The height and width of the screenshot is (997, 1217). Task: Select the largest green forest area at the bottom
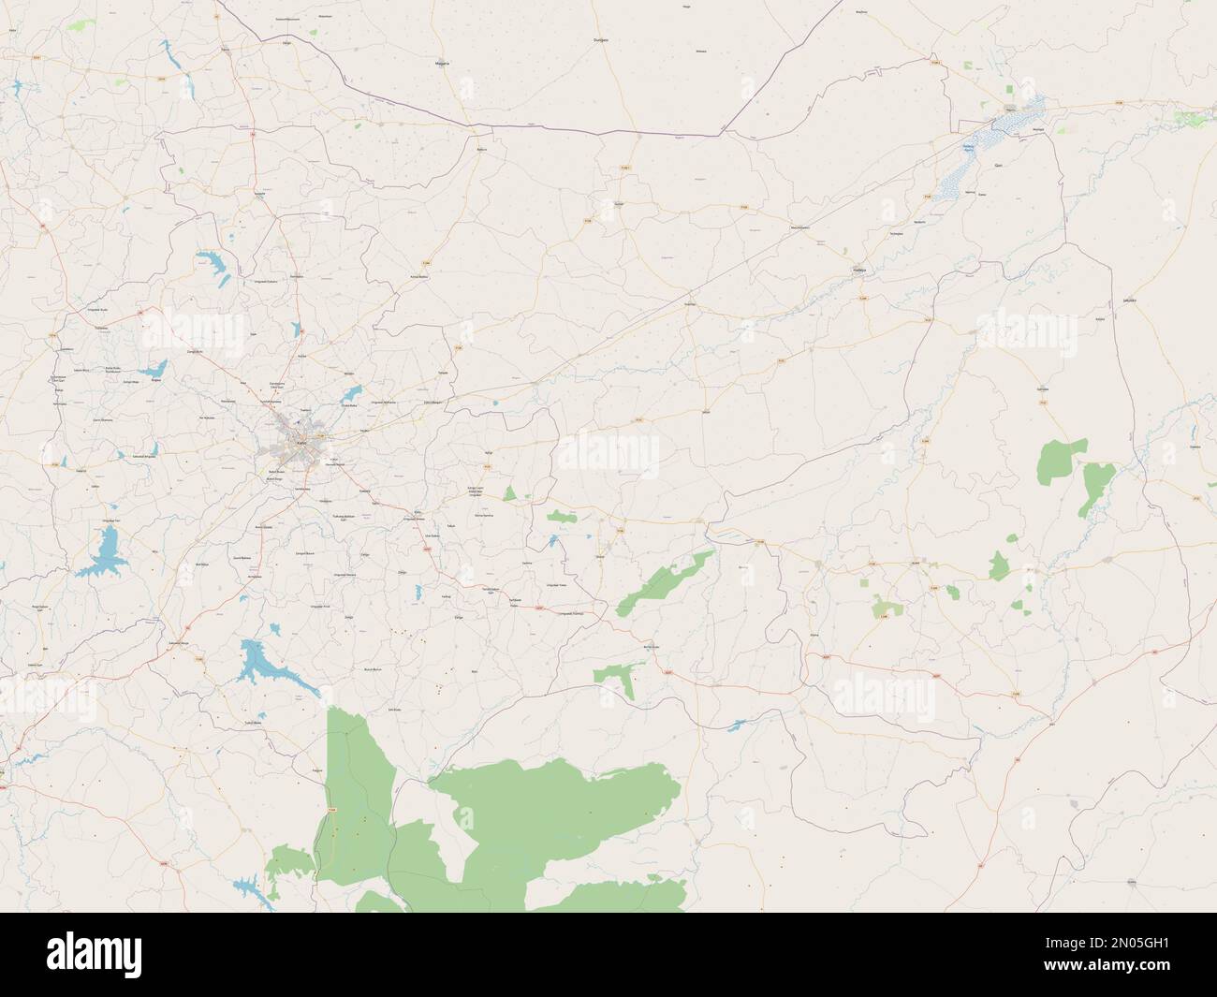point(552,814)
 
